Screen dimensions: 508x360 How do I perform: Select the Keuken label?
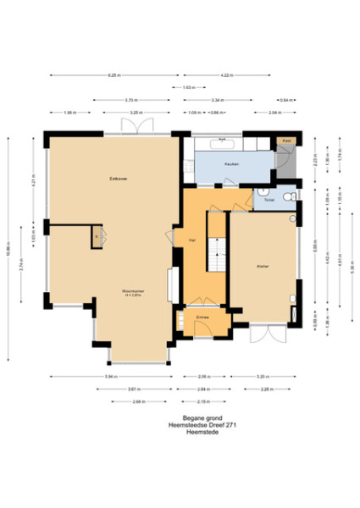[231, 163]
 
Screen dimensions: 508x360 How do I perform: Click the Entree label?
[202, 317]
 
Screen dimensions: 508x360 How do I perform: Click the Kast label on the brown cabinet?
[287, 140]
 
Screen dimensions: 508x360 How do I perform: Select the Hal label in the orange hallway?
[193, 241]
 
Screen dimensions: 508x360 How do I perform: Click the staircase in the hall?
[217, 254]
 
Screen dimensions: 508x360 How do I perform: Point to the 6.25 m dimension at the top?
[113, 76]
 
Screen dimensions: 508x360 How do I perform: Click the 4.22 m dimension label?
[226, 76]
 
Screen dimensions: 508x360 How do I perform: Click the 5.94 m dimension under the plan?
[110, 375]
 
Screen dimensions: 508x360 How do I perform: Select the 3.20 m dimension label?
[263, 375]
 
